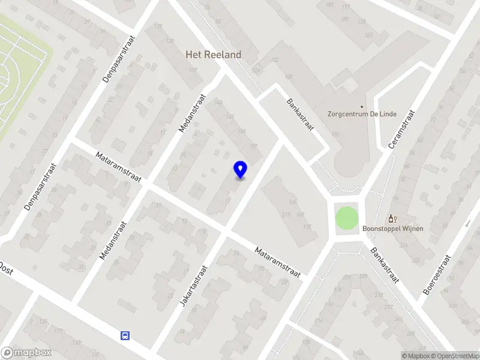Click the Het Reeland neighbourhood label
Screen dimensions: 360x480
coord(213,55)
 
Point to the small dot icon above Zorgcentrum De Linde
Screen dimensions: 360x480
coord(362,104)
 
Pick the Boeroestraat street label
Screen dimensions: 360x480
coord(436,275)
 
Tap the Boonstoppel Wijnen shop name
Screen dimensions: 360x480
coord(393,228)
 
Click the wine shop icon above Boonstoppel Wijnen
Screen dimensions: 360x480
coord(393,219)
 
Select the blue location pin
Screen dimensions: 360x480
coord(241,170)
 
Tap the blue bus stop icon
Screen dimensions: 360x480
coord(125,335)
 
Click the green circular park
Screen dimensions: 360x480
coord(346,217)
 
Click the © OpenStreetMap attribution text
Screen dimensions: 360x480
coord(456,356)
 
